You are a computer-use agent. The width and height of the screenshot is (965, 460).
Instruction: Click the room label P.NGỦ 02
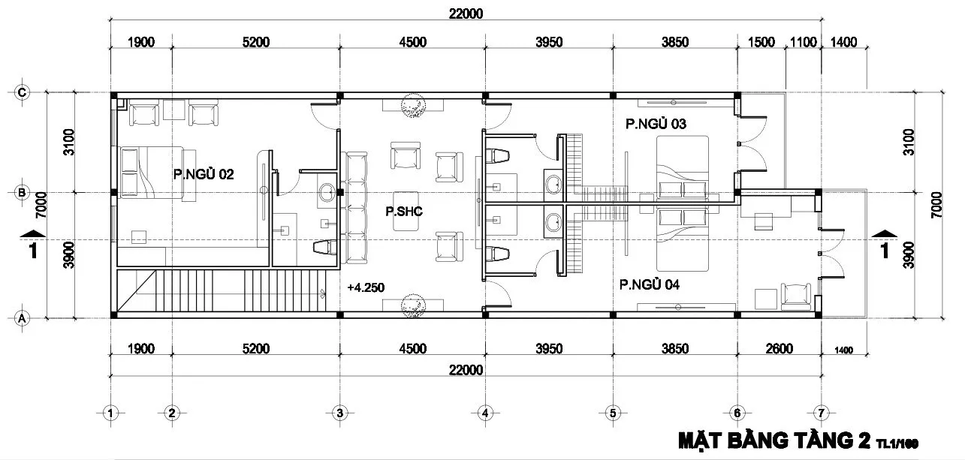[x=204, y=174]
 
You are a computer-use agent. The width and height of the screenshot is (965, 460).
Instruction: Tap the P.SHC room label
[x=404, y=212]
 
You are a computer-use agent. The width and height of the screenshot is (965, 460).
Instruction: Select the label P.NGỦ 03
[x=656, y=124]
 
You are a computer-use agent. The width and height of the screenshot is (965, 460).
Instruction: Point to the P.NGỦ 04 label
[x=650, y=284]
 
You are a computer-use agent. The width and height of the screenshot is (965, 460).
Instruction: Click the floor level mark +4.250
[x=366, y=287]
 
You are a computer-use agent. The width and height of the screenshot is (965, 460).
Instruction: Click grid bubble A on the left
[x=22, y=318]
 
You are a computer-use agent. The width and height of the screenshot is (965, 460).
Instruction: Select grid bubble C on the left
[x=22, y=92]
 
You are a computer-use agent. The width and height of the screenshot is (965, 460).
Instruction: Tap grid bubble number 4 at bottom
[x=485, y=413]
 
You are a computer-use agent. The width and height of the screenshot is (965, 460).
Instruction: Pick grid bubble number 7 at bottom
[x=821, y=413]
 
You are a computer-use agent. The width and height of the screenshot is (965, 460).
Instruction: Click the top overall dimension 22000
[x=466, y=14]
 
